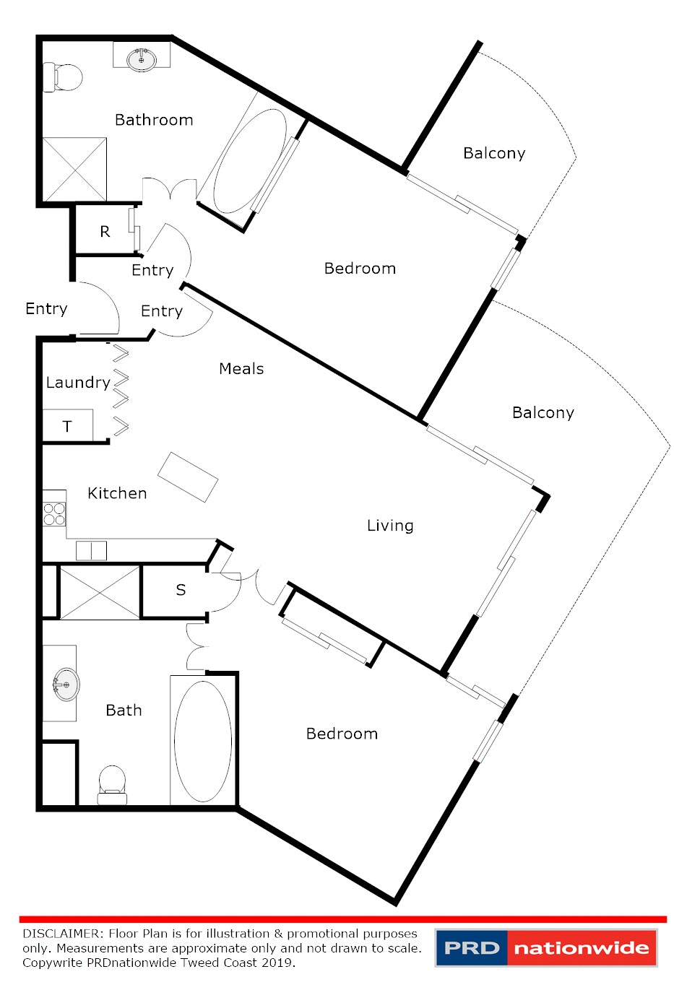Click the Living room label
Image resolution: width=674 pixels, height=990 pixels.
pyautogui.click(x=390, y=526)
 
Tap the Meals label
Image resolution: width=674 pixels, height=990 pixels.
pyautogui.click(x=241, y=369)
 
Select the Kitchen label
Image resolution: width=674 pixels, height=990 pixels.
pyautogui.click(x=117, y=493)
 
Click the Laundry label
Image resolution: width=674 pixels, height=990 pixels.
pyautogui.click(x=78, y=383)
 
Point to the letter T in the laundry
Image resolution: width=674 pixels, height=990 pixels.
pyautogui.click(x=67, y=427)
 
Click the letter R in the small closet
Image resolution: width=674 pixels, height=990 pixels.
pyautogui.click(x=105, y=232)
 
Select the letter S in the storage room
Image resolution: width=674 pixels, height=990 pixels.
pyautogui.click(x=181, y=591)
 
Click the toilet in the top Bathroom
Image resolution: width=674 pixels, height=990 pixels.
pyautogui.click(x=64, y=77)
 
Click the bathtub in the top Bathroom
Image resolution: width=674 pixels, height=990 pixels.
pyautogui.click(x=249, y=160)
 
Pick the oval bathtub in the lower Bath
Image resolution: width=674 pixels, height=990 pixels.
pyautogui.click(x=203, y=741)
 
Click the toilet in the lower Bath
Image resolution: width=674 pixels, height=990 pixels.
pyautogui.click(x=112, y=784)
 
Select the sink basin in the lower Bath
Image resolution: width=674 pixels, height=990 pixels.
pyautogui.click(x=66, y=683)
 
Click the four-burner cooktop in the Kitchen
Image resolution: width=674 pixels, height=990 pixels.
pyautogui.click(x=54, y=513)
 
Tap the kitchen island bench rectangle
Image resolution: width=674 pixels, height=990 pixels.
pyautogui.click(x=188, y=477)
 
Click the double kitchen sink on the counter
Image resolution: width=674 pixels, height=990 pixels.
pyautogui.click(x=91, y=551)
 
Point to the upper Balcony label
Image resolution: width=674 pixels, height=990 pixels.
pyautogui.click(x=494, y=153)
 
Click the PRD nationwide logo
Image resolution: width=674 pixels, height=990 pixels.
pyautogui.click(x=546, y=947)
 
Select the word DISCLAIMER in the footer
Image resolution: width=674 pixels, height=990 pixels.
pyautogui.click(x=63, y=934)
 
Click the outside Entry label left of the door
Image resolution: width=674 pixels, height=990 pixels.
pyautogui.click(x=46, y=309)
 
